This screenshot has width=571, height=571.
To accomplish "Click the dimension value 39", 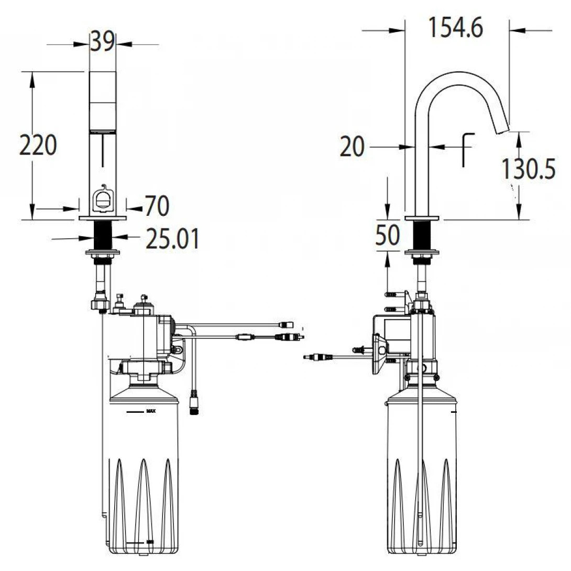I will (102, 42).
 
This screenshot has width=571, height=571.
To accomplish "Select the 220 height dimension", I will (38, 145).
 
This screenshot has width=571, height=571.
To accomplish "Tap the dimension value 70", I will (157, 206).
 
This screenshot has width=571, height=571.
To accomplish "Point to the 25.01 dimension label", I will (172, 239).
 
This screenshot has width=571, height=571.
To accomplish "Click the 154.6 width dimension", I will (456, 27).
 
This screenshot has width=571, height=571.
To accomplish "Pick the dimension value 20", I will (352, 147).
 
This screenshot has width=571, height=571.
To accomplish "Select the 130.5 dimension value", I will (528, 169).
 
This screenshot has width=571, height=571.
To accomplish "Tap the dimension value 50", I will (387, 235).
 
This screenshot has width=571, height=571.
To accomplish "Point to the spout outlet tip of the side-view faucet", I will (502, 129).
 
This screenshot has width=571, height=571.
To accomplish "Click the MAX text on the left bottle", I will (150, 412).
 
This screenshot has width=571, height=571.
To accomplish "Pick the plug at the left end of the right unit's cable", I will (317, 357).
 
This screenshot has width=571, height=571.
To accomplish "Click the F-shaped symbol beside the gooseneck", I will (466, 149).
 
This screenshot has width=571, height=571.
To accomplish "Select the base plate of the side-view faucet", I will (422, 217).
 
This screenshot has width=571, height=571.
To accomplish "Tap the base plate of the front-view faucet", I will (103, 217).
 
